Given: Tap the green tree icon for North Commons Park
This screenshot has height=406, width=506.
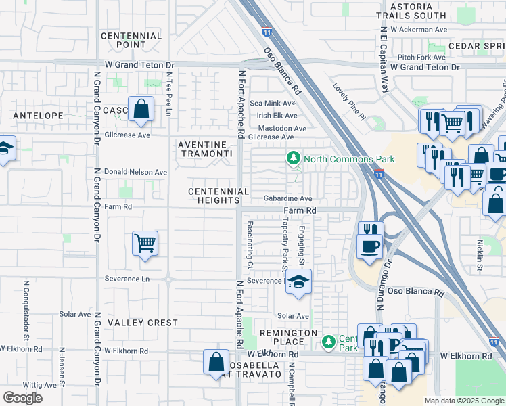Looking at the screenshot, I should click(293, 158).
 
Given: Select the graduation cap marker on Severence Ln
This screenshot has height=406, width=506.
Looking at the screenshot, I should click(297, 283).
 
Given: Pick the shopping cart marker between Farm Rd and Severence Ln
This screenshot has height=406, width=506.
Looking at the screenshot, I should click(146, 243).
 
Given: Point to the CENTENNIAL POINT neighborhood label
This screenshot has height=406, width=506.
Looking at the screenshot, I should click(131, 40).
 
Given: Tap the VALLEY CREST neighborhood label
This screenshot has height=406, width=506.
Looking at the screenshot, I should click(142, 323).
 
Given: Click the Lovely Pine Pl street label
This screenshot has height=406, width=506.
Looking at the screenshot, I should click(348, 101).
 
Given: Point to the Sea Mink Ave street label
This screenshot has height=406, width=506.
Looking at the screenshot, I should click(273, 104).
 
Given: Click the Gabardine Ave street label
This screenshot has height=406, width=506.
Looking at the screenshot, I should click(287, 199).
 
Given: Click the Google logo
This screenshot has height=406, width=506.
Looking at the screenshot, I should click(23, 397).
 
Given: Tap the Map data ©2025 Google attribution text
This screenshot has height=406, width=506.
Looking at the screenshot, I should click(463, 401).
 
